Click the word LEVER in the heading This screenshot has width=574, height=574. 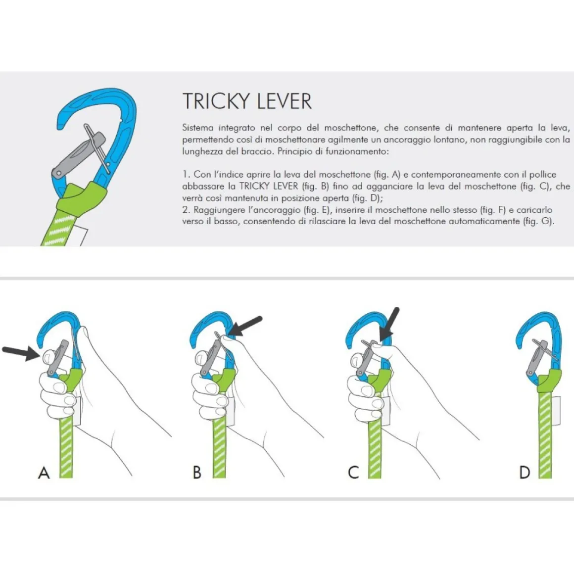click(285, 101)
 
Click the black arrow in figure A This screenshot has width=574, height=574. click(20, 352)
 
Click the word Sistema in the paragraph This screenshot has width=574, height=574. click(197, 128)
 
